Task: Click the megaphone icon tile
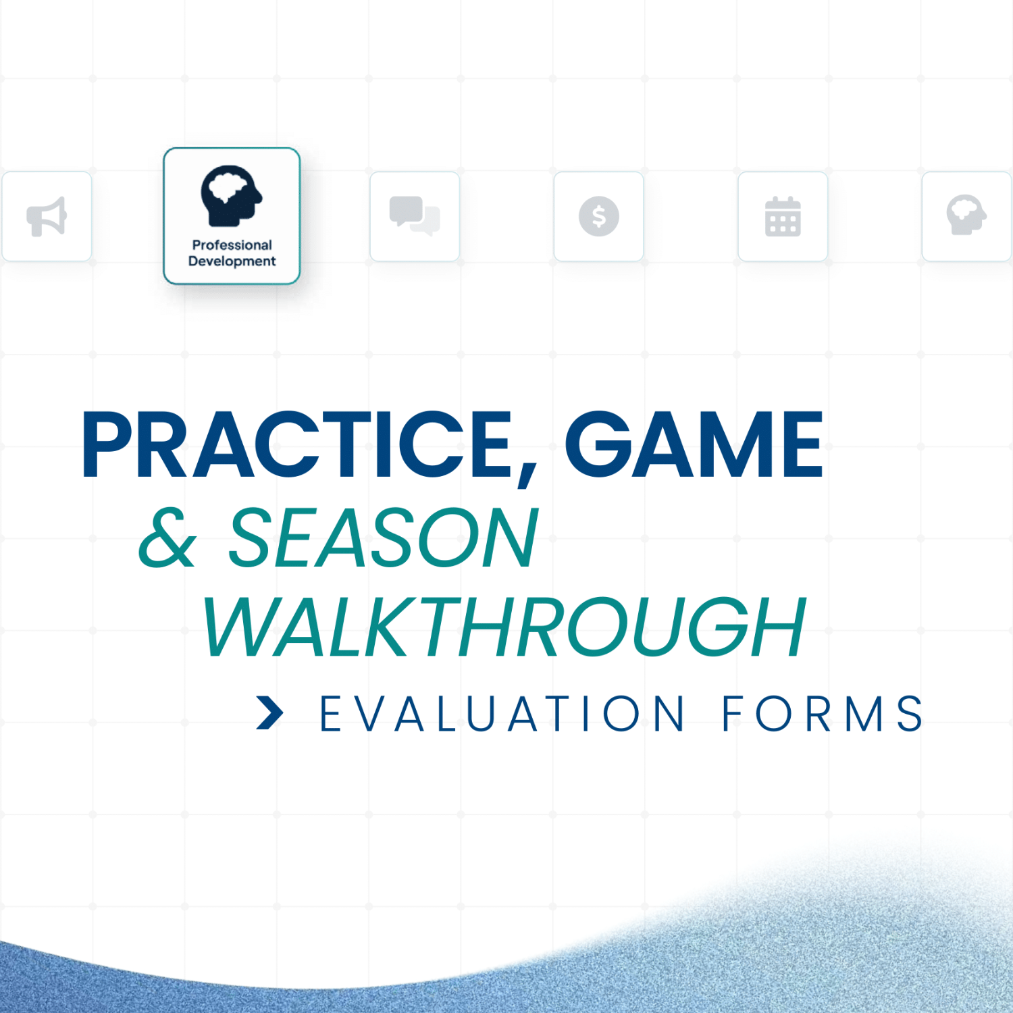(x=47, y=216)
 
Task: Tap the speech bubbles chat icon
(x=415, y=216)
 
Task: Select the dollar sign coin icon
(x=598, y=216)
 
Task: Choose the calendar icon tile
(x=783, y=216)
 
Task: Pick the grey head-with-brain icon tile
(x=966, y=216)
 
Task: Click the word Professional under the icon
(x=232, y=244)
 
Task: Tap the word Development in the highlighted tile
(x=232, y=261)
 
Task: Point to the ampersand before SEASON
(x=168, y=538)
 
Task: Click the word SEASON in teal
(x=383, y=538)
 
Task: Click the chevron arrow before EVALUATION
(x=270, y=713)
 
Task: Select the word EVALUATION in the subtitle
(x=502, y=714)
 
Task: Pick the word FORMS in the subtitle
(x=822, y=714)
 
